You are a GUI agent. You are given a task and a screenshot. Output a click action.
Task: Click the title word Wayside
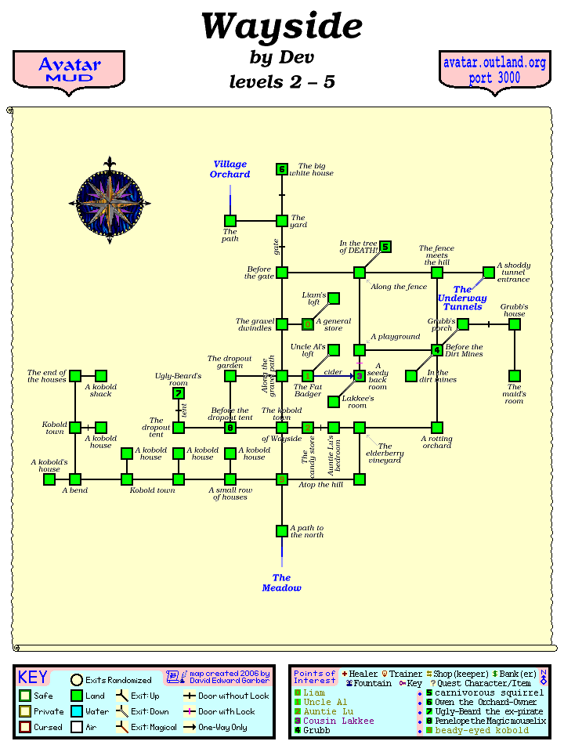pyautogui.click(x=281, y=27)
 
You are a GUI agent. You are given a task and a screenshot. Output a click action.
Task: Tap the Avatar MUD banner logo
pyautogui.click(x=70, y=70)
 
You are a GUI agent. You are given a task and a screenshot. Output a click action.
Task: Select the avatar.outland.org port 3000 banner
pyautogui.click(x=493, y=70)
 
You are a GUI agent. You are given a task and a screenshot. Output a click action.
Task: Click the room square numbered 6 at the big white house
pyautogui.click(x=282, y=169)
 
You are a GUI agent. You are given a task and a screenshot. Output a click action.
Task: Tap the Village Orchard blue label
pyautogui.click(x=230, y=169)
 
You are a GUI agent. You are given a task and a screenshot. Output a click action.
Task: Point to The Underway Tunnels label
pyautogui.click(x=462, y=298)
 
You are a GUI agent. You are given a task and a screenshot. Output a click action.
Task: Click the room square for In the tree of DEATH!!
pyautogui.click(x=385, y=247)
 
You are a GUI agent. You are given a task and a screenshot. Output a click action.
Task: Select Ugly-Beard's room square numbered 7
pyautogui.click(x=179, y=393)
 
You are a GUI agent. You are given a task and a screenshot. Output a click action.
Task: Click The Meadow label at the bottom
pyautogui.click(x=281, y=583)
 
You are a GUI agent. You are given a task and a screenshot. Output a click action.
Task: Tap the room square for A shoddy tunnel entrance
pyautogui.click(x=489, y=273)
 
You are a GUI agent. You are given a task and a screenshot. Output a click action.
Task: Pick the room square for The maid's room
pyautogui.click(x=515, y=376)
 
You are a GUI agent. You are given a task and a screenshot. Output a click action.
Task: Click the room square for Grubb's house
pyautogui.click(x=515, y=324)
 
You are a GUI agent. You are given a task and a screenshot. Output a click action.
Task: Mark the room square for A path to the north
pyautogui.click(x=282, y=531)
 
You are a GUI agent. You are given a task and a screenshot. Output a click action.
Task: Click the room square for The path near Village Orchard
pyautogui.click(x=230, y=221)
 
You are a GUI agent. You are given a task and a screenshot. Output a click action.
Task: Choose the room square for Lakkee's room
pyautogui.click(x=334, y=402)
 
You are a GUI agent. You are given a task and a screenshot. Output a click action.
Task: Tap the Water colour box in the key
pyautogui.click(x=76, y=711)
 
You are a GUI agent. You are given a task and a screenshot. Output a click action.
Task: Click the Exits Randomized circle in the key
pyautogui.click(x=77, y=680)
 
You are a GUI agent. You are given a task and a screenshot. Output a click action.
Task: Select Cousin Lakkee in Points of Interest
pyautogui.click(x=338, y=721)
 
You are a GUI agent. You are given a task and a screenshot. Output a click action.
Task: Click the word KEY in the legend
pyautogui.click(x=33, y=678)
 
